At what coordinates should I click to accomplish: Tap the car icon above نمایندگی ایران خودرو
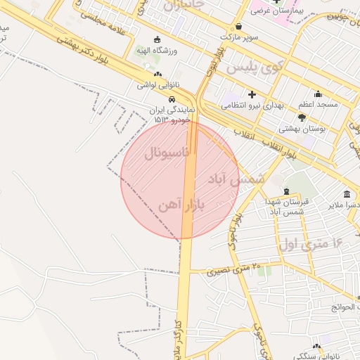click(162, 98)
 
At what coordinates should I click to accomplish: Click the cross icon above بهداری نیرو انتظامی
click(251, 94)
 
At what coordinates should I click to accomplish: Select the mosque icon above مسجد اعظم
click(317, 94)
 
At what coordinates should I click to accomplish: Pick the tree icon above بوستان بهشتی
click(302, 117)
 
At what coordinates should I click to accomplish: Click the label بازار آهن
click(184, 205)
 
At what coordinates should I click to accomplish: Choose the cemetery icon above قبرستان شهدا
click(285, 191)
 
